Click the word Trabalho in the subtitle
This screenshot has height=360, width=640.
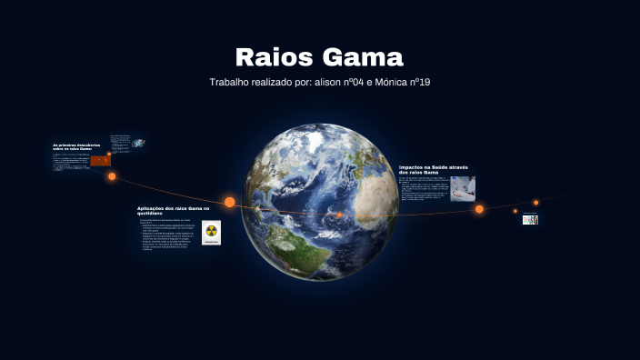tap(232, 82)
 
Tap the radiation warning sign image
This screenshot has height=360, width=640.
tap(211, 234)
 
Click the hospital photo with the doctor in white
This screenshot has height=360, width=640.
tap(463, 187)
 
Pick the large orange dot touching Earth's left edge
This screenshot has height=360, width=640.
tap(230, 202)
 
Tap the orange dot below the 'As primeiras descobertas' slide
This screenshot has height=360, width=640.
tap(112, 176)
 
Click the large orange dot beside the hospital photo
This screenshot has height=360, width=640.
tap(479, 209)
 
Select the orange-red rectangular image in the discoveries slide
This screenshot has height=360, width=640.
tap(100, 160)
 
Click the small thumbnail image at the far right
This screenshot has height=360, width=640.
tap(530, 219)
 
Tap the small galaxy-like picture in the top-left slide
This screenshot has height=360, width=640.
tap(138, 143)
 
